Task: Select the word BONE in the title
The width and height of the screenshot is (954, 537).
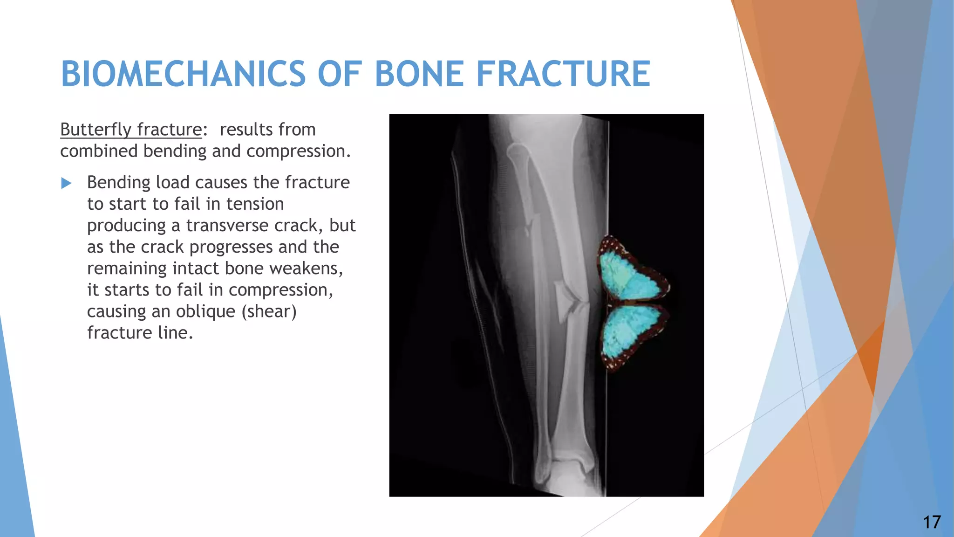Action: (x=419, y=74)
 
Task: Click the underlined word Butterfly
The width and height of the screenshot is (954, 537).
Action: (x=95, y=130)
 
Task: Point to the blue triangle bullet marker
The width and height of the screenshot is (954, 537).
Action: (x=66, y=183)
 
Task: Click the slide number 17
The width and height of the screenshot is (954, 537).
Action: (x=932, y=522)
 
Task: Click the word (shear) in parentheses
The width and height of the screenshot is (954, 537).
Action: (x=269, y=311)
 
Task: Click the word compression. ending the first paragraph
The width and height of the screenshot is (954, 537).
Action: (x=298, y=151)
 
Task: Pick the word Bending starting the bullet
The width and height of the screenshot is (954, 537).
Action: (x=118, y=183)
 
